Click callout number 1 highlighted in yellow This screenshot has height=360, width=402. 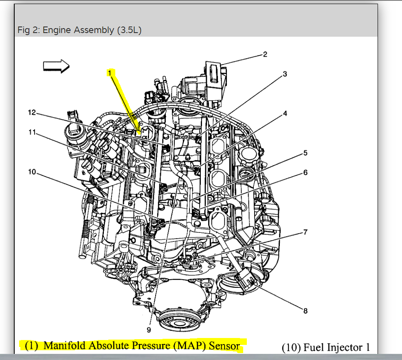tap(110, 73)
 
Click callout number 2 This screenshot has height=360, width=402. tap(265, 54)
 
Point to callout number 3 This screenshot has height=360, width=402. tap(285, 74)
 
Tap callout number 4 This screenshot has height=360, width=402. tap(285, 113)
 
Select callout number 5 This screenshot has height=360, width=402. tap(305, 153)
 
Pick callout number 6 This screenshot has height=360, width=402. tap(305, 172)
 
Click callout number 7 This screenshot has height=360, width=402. tap(305, 233)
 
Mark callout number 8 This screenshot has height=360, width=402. tap(305, 311)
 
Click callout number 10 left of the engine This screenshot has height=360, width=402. tap(32, 172)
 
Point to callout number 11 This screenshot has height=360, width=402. tap(32, 133)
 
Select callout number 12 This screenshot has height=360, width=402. tap(32, 112)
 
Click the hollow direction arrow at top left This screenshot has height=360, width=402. tap(57, 66)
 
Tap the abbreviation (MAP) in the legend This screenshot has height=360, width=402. tap(189, 345)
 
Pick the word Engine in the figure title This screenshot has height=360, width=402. tap(55, 30)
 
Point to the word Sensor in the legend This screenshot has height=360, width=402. tap(224, 345)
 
